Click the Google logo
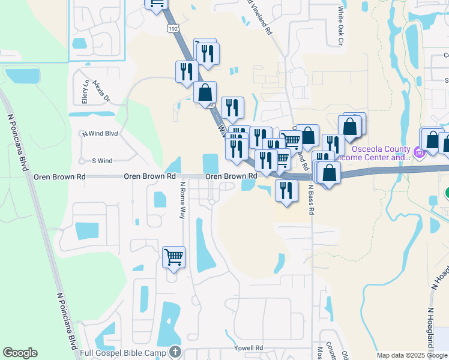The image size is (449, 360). click(x=20, y=353)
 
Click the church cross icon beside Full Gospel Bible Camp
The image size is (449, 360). click(x=174, y=351)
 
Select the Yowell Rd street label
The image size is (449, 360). click(x=249, y=348)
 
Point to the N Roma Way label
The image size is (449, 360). click(x=181, y=200)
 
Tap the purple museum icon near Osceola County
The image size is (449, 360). click(x=420, y=153)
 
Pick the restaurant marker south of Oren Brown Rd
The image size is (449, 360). click(x=286, y=191)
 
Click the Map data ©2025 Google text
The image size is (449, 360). click(x=412, y=355)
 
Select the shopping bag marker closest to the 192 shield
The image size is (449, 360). click(x=205, y=92)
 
